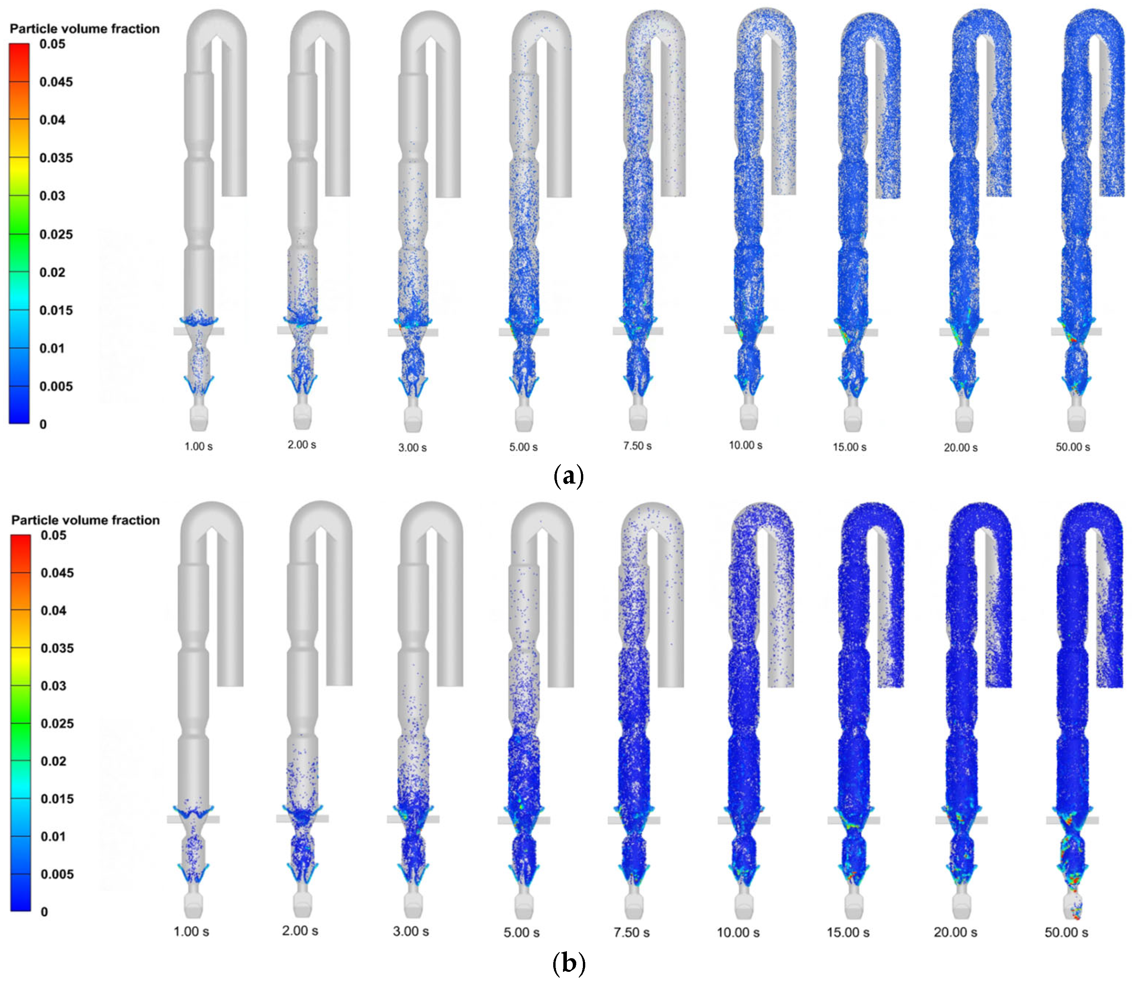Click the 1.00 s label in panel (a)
pyautogui.click(x=198, y=447)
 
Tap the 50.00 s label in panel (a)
pyautogui.click(x=1073, y=447)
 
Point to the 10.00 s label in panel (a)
pyautogui.click(x=745, y=445)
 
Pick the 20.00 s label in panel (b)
pyautogui.click(x=955, y=932)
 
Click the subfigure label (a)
pyautogui.click(x=568, y=476)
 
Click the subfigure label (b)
pyautogui.click(x=568, y=963)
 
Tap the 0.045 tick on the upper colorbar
pyautogui.click(x=56, y=82)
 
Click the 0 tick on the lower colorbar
pyautogui.click(x=45, y=912)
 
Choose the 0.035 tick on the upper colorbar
pyautogui.click(x=56, y=158)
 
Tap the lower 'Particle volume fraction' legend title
pyautogui.click(x=86, y=520)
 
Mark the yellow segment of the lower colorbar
pyautogui.click(x=21, y=666)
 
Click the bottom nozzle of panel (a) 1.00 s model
pyautogui.click(x=198, y=418)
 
